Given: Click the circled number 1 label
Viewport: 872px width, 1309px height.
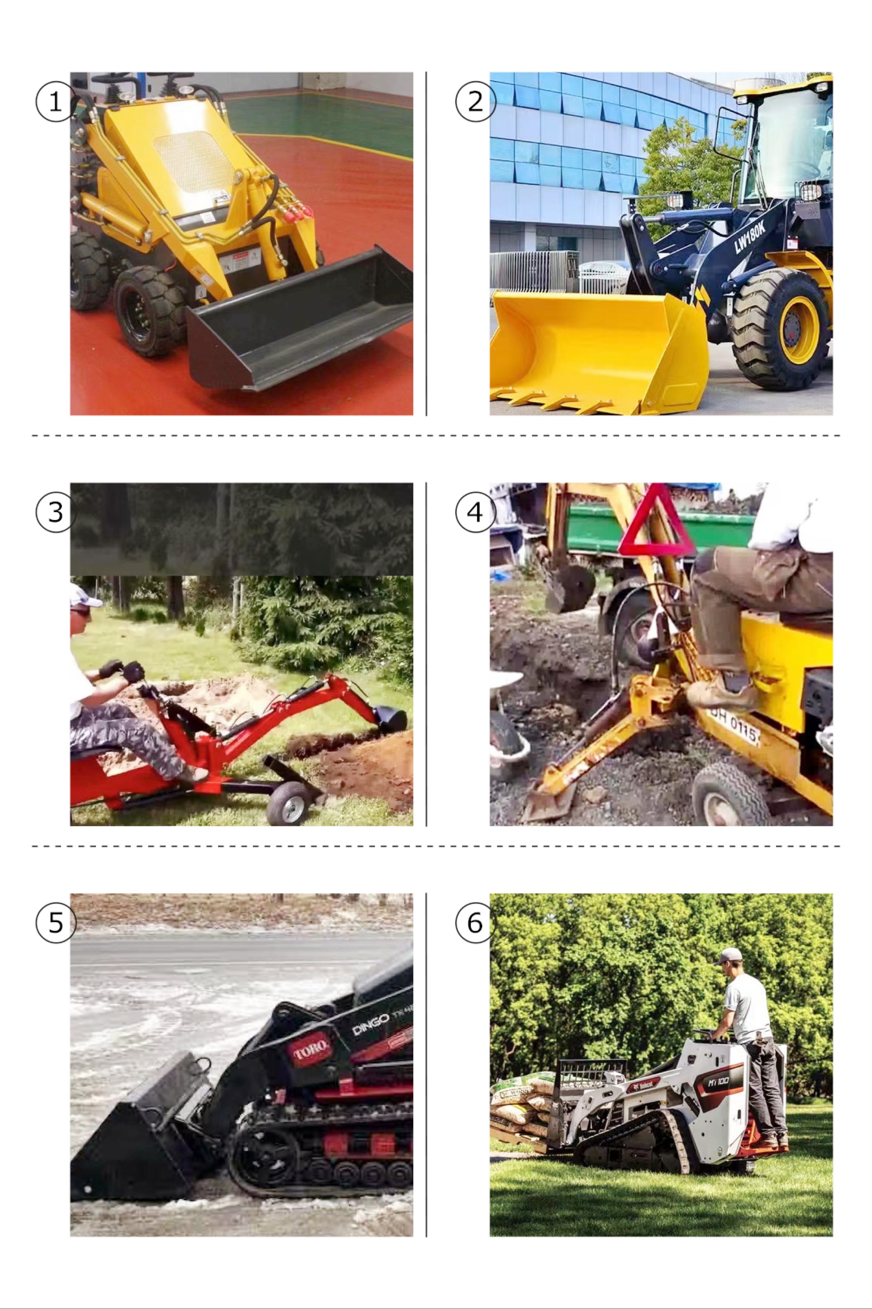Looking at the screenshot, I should pos(55,101).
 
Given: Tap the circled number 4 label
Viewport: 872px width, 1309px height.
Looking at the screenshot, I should pos(475,512).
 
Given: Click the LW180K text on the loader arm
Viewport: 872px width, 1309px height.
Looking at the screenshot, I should pos(750,236).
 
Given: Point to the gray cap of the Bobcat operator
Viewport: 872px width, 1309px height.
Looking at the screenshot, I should pos(729,956).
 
